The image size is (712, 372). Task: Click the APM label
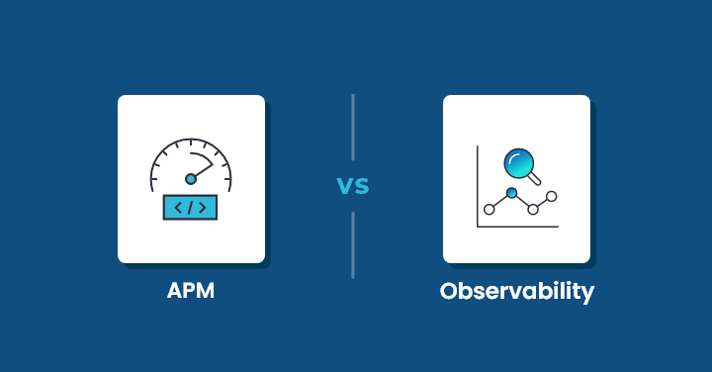(x=191, y=292)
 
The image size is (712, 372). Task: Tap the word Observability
(x=517, y=292)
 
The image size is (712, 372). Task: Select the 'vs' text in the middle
(x=353, y=185)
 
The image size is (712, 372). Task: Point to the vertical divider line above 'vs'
(x=353, y=128)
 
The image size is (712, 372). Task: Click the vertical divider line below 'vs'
(x=353, y=244)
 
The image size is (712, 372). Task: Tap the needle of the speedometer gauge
(x=203, y=171)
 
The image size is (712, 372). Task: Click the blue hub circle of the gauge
(x=191, y=179)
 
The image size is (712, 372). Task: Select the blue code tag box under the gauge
(x=191, y=208)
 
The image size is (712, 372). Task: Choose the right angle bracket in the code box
(x=203, y=208)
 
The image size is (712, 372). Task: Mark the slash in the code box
(x=191, y=208)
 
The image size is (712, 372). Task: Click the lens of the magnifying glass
(x=517, y=160)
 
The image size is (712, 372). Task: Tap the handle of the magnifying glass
(x=535, y=179)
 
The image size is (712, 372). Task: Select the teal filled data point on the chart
(x=511, y=192)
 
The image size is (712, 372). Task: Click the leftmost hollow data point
(x=489, y=210)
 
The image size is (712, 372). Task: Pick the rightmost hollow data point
(x=552, y=197)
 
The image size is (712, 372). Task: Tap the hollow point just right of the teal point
(x=533, y=209)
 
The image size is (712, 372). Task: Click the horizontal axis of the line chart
(x=517, y=227)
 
